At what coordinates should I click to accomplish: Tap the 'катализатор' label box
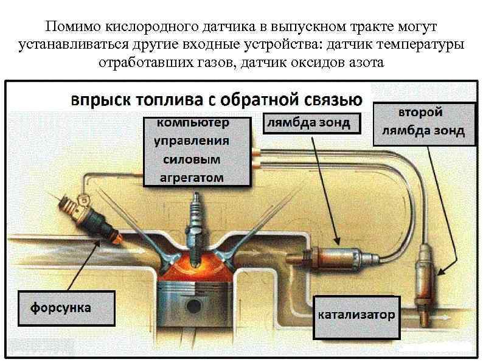[x=357, y=316]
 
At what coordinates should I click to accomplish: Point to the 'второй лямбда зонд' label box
[x=424, y=123]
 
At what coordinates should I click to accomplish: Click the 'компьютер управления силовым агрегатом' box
[x=196, y=151]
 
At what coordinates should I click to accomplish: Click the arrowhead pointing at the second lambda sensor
[x=437, y=271]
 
